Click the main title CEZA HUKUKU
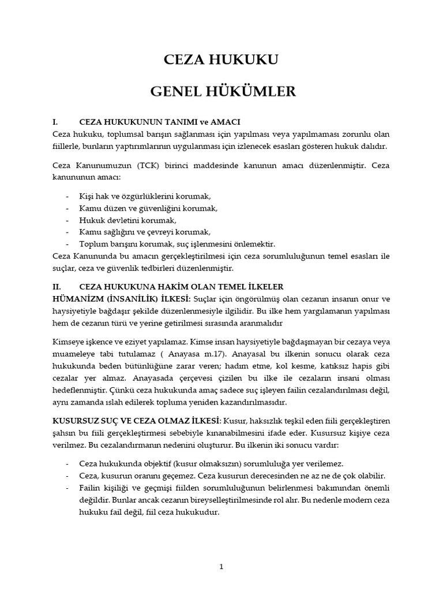(x=221, y=59)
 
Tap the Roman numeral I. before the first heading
(x=55, y=122)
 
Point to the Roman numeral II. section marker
(x=57, y=287)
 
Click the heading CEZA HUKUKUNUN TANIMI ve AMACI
(x=159, y=122)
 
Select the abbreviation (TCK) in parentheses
(x=149, y=166)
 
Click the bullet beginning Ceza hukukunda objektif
(x=211, y=464)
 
